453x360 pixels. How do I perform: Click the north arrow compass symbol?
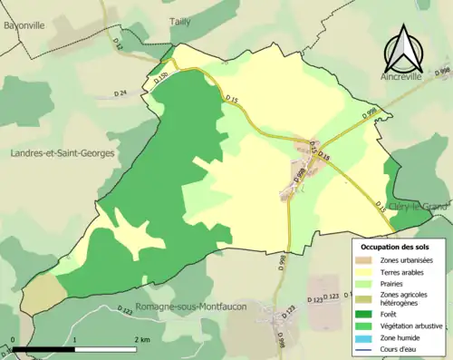[402, 50]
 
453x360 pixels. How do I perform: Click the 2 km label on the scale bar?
[141, 339]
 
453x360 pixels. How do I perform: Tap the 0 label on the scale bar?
[14, 339]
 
